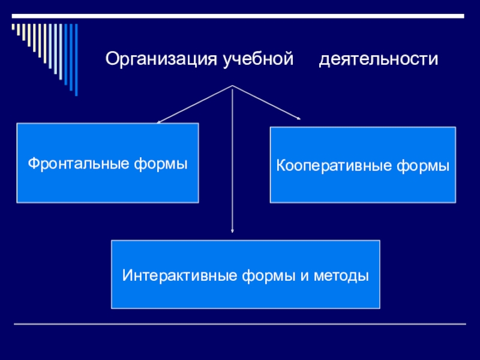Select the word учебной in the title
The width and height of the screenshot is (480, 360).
click(259, 59)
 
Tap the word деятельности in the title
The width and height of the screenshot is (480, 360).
click(379, 59)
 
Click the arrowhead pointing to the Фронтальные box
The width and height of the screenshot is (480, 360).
click(159, 122)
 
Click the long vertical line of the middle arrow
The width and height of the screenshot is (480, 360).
click(232, 162)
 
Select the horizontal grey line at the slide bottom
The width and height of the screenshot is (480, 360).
click(240, 325)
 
